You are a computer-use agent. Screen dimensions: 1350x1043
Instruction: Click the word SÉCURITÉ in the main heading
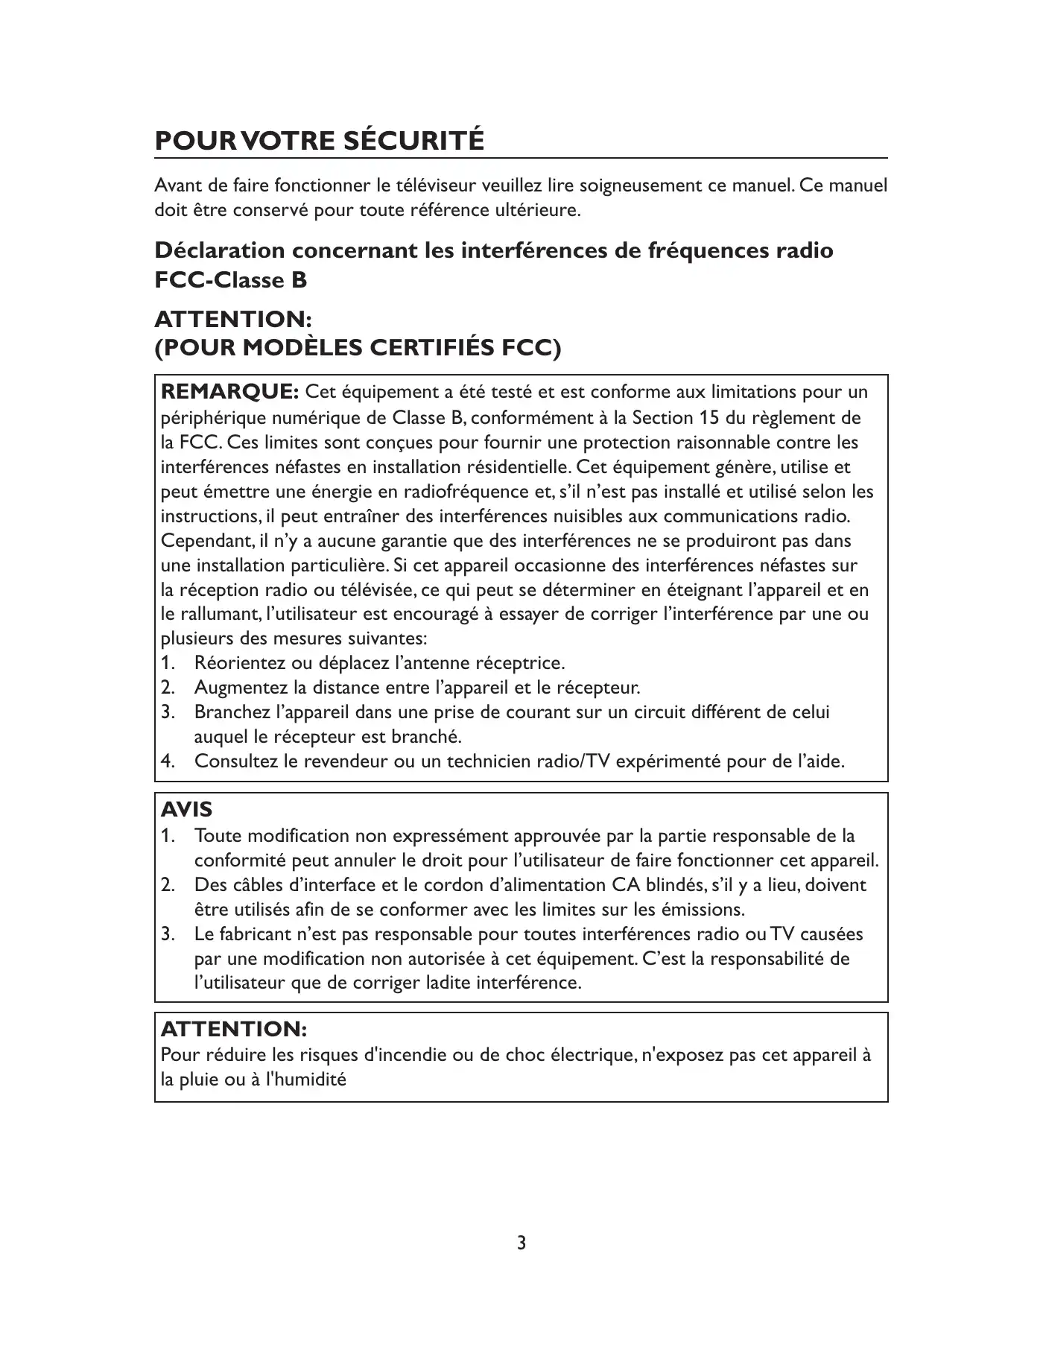pos(413,141)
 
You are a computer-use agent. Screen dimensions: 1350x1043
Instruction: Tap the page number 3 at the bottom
pos(521,1243)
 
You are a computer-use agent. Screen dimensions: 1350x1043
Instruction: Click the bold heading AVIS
pos(186,809)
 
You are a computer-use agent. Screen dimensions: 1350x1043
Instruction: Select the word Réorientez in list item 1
pos(240,662)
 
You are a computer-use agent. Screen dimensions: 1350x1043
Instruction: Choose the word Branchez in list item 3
pos(232,712)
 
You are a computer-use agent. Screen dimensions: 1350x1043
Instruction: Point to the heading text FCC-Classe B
pos(231,281)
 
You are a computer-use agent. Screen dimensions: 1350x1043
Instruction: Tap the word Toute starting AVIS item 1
pos(217,836)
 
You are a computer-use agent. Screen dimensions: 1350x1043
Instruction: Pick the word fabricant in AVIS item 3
pos(256,934)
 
